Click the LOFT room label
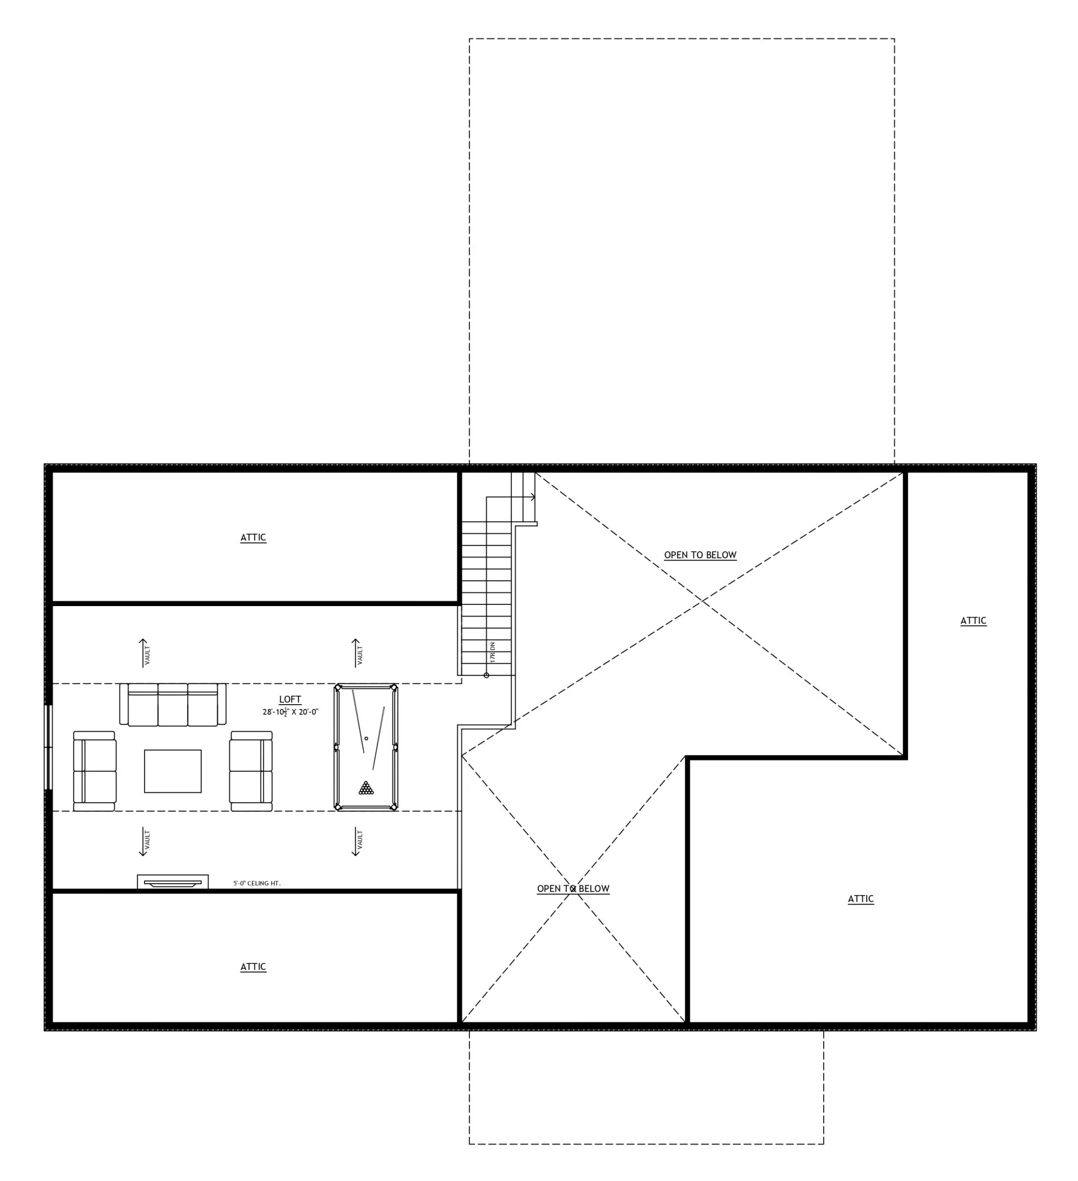coord(290,699)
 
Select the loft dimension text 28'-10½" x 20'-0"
coord(290,712)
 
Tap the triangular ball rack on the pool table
coord(366,788)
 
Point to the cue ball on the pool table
coord(366,738)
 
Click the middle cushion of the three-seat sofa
coord(173,705)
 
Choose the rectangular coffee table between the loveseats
coord(173,771)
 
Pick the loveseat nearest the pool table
coord(251,771)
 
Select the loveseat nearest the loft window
coord(95,771)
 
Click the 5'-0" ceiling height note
coord(257,883)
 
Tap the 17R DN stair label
coord(493,651)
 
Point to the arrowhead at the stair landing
coord(532,497)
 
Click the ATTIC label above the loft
coord(253,537)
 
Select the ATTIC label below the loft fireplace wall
coord(253,967)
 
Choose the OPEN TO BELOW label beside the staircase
coord(700,555)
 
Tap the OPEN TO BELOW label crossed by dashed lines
coord(573,889)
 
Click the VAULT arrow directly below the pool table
coord(357,842)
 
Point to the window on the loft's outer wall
coord(49,747)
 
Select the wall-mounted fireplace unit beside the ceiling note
coord(173,882)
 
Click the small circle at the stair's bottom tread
coord(486,675)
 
